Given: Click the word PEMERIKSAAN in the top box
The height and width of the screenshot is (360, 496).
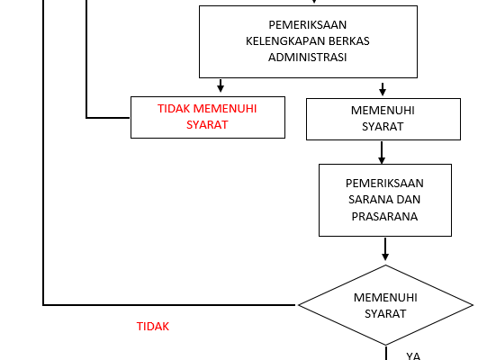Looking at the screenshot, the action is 308,24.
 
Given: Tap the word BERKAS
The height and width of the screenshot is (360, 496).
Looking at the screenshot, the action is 349,41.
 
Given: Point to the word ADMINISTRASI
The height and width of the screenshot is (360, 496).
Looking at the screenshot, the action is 308,58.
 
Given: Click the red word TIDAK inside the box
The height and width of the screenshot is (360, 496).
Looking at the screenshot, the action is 174,109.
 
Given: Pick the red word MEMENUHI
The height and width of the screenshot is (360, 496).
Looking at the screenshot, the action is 225,109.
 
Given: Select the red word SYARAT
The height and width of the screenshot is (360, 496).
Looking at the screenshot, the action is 207,124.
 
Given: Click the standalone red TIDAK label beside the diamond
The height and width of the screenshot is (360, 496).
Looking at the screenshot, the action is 153,326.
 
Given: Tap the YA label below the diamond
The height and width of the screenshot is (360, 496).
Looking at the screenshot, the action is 413,355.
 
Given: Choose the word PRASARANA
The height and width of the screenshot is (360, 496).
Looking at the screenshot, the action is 384,216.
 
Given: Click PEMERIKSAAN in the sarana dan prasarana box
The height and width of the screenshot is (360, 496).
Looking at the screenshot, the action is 384,184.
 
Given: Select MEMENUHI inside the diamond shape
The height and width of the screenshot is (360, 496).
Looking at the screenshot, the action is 385,297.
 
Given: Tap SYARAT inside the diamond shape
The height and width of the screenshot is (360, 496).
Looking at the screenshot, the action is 385,313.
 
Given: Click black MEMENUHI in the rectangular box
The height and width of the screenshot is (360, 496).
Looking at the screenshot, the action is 383,111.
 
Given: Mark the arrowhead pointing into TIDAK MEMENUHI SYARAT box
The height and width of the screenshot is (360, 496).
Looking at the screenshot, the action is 221,88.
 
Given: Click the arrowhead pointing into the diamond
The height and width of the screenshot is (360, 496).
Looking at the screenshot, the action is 385,256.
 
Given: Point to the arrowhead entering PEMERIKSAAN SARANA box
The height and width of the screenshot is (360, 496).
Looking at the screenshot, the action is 382,160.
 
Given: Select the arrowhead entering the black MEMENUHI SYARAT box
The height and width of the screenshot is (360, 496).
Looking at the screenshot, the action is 383,92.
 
